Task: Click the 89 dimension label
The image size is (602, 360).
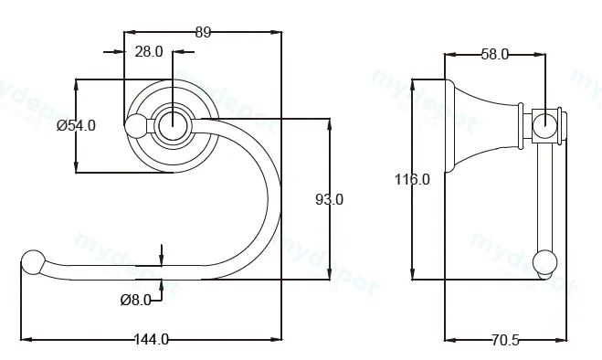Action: tap(203, 32)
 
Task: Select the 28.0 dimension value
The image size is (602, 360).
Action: tap(149, 51)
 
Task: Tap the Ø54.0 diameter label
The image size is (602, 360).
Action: tap(76, 126)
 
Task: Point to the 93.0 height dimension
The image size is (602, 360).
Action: tap(330, 199)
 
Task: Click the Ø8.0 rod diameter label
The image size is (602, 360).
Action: tap(135, 300)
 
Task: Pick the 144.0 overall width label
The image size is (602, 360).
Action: tap(152, 339)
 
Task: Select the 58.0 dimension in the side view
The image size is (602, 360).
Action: tap(495, 55)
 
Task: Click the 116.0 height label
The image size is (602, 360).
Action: tap(412, 179)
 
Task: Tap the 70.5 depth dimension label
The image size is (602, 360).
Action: tap(505, 340)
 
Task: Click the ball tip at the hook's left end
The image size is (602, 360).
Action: tap(33, 262)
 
